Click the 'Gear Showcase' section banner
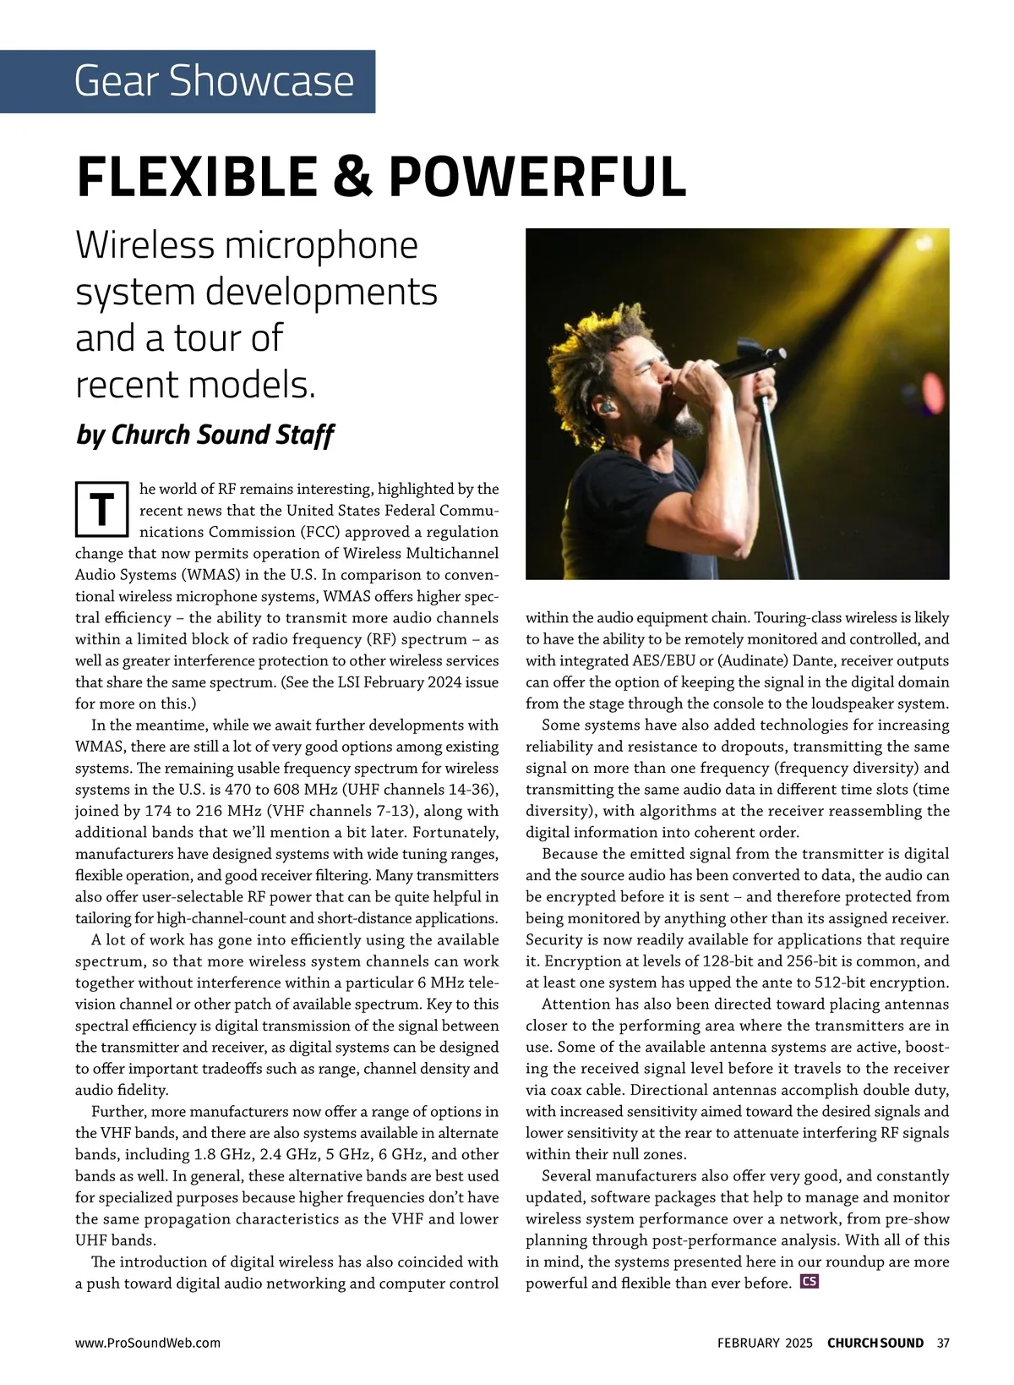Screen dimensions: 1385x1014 click(213, 81)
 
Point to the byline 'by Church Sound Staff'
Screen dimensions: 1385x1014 click(204, 435)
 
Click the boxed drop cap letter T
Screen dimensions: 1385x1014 click(101, 510)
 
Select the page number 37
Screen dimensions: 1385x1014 click(944, 1343)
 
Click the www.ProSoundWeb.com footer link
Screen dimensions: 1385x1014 click(148, 1343)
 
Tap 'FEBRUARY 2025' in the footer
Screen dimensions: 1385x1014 click(765, 1343)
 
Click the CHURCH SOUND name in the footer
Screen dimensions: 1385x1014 click(875, 1343)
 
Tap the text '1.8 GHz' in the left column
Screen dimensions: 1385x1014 click(224, 1154)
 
